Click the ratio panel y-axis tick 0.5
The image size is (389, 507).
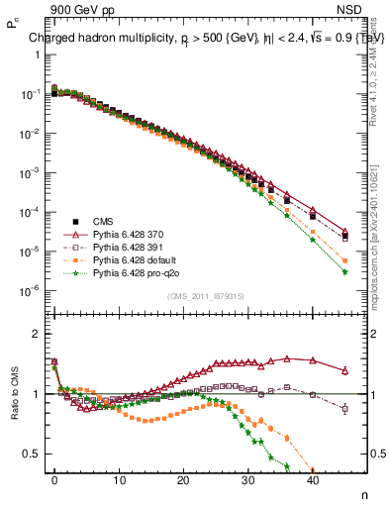(32, 454)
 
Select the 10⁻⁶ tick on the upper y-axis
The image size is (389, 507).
(30, 290)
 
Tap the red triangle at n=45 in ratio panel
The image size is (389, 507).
(344, 370)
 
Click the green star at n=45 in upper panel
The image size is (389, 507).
(344, 271)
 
